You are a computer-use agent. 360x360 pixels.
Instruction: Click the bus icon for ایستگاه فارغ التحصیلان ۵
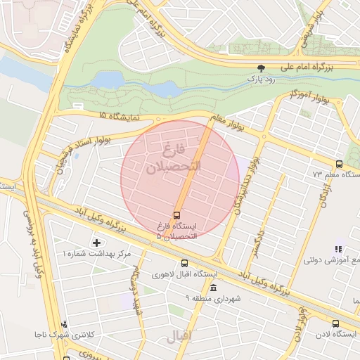click(176, 214)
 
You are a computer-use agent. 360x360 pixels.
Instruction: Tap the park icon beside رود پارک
click(262, 68)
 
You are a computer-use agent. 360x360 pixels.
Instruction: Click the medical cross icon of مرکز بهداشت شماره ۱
click(96, 242)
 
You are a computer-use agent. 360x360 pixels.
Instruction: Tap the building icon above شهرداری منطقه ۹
click(212, 288)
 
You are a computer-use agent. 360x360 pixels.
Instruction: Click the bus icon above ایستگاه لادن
click(335, 323)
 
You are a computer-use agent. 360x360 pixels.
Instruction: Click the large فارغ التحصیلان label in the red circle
click(172, 160)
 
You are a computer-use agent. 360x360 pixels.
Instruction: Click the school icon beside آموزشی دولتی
click(338, 248)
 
